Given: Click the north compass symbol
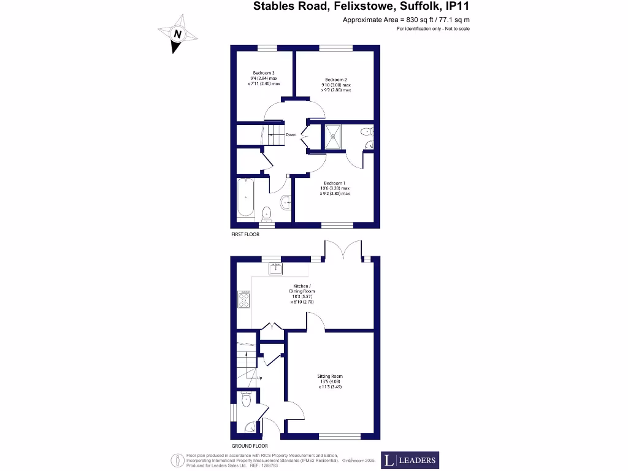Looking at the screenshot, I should tap(177, 34).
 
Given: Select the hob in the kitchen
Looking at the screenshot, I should tap(243, 299).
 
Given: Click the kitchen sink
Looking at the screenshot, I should tap(276, 268).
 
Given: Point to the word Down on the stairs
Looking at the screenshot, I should tap(291, 135).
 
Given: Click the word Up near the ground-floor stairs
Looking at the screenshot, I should tap(260, 378).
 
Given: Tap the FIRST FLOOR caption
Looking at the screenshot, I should tap(244, 235).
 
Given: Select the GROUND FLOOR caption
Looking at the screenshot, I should tap(250, 446).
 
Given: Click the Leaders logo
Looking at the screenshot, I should tap(410, 460).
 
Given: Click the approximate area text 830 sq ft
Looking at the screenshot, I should tap(406, 20).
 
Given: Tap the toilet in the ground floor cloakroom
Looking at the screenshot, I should tap(247, 400).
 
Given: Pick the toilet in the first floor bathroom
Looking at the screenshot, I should tap(266, 213).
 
